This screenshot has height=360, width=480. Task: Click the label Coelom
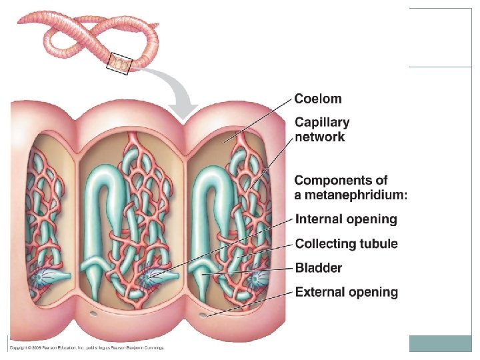tap(318, 99)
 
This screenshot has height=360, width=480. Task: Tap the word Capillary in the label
tap(322, 123)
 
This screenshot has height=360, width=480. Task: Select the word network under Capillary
tap(320, 137)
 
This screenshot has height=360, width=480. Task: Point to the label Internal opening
tap(346, 219)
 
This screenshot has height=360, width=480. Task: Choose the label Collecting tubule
tap(346, 244)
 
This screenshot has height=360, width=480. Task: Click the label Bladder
tap(319, 268)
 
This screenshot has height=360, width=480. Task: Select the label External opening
tap(346, 292)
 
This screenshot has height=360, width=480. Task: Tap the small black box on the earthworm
tap(121, 63)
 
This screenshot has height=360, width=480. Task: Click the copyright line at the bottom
tap(86, 347)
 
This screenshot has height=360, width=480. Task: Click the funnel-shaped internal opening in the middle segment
tap(152, 274)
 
